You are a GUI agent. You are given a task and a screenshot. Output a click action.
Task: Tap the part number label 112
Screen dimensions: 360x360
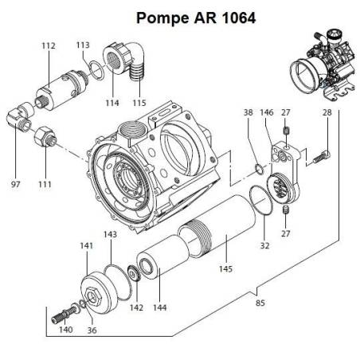pyautogui.click(x=49, y=46)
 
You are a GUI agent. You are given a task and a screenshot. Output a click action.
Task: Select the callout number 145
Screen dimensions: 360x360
pyautogui.click(x=225, y=269)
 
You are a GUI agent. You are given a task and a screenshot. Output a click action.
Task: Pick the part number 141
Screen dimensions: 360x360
pyautogui.click(x=86, y=247)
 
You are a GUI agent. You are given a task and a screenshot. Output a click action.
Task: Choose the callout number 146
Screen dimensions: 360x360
pyautogui.click(x=268, y=114)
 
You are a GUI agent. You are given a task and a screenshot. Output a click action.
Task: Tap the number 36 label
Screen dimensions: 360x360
pyautogui.click(x=92, y=331)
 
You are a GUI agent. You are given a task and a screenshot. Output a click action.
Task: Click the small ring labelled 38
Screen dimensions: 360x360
pyautogui.click(x=258, y=168)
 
